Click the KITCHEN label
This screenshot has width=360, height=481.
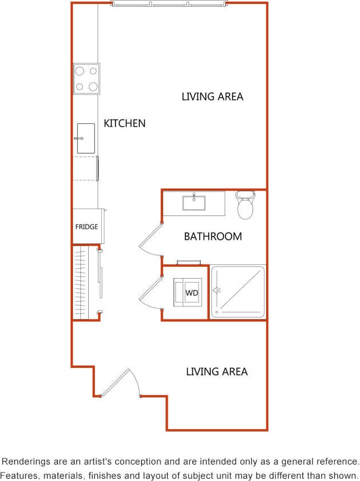125,123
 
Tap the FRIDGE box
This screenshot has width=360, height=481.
86,226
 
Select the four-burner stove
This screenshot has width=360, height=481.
86,78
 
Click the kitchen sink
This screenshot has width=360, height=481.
85,138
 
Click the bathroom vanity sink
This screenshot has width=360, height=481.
194,202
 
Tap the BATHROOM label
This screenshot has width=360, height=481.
213,236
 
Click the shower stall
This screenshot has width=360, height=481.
238,292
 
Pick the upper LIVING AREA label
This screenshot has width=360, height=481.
212,96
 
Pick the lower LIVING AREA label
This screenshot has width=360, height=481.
217,371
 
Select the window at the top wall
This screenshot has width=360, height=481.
169,4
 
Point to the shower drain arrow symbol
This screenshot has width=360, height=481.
216,291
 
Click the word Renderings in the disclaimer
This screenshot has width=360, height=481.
27,462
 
